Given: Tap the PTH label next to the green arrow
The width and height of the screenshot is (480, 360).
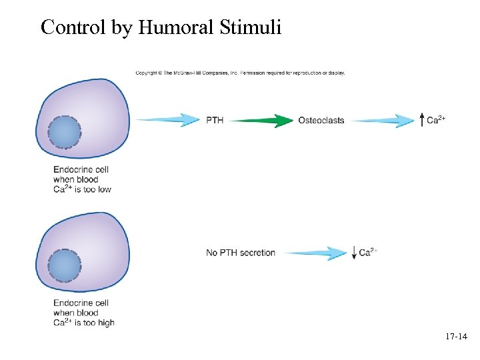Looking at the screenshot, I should point(215,121).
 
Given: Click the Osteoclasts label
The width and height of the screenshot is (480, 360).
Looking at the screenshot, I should point(321,121).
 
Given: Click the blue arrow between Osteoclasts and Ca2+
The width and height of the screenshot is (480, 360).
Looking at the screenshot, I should point(383,121).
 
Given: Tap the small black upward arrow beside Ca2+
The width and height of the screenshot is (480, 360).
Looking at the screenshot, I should point(421,120).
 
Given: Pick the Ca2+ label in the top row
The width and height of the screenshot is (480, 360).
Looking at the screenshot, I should point(436,120).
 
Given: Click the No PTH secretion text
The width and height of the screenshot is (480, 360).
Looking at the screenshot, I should point(241,253).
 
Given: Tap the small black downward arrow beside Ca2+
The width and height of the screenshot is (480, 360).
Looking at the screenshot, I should point(353,253).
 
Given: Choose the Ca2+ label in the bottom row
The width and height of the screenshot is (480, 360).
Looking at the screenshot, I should point(368,252).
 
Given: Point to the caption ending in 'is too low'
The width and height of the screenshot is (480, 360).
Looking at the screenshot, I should point(82,179).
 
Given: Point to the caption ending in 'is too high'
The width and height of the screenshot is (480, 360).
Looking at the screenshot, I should point(83,313).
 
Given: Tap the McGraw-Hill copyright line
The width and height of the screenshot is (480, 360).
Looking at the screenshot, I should point(240,73).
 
